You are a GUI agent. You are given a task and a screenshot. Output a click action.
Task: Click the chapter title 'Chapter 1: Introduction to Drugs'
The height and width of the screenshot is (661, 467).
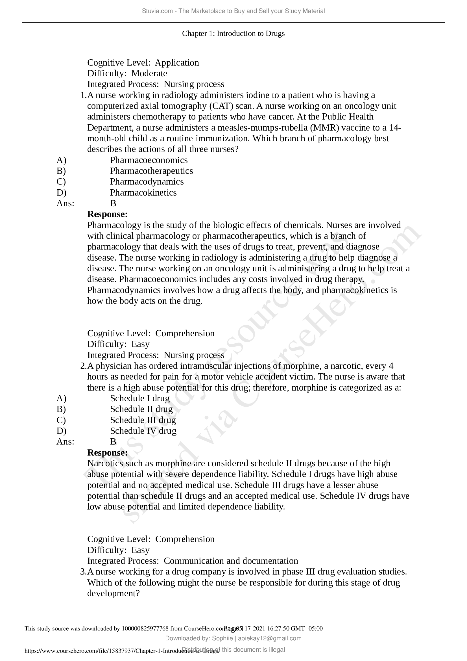[233, 33]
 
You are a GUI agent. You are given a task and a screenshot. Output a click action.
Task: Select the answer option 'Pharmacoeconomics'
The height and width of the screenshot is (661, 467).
[149, 160]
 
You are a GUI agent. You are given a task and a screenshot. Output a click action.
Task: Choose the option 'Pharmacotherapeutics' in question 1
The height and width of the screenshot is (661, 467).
[151, 171]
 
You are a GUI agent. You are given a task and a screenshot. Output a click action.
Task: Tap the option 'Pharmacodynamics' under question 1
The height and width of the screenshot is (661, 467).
[147, 182]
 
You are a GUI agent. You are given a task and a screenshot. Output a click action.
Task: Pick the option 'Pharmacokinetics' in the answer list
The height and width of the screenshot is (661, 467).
[143, 193]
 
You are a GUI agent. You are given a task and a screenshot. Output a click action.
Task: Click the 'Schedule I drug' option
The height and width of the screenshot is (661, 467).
[140, 398]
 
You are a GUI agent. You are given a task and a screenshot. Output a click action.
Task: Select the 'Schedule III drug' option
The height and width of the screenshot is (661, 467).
[143, 420]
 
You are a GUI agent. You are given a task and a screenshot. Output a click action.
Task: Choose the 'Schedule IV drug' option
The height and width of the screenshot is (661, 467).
[143, 431]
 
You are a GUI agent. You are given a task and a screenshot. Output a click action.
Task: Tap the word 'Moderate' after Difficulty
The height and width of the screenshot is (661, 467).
[149, 73]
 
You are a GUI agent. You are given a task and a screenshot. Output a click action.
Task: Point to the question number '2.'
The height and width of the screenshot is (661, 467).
[83, 366]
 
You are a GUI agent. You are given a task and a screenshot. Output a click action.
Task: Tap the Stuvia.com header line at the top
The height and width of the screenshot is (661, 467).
[233, 11]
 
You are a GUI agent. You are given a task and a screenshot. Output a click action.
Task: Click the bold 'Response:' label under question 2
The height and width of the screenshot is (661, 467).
[107, 452]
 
